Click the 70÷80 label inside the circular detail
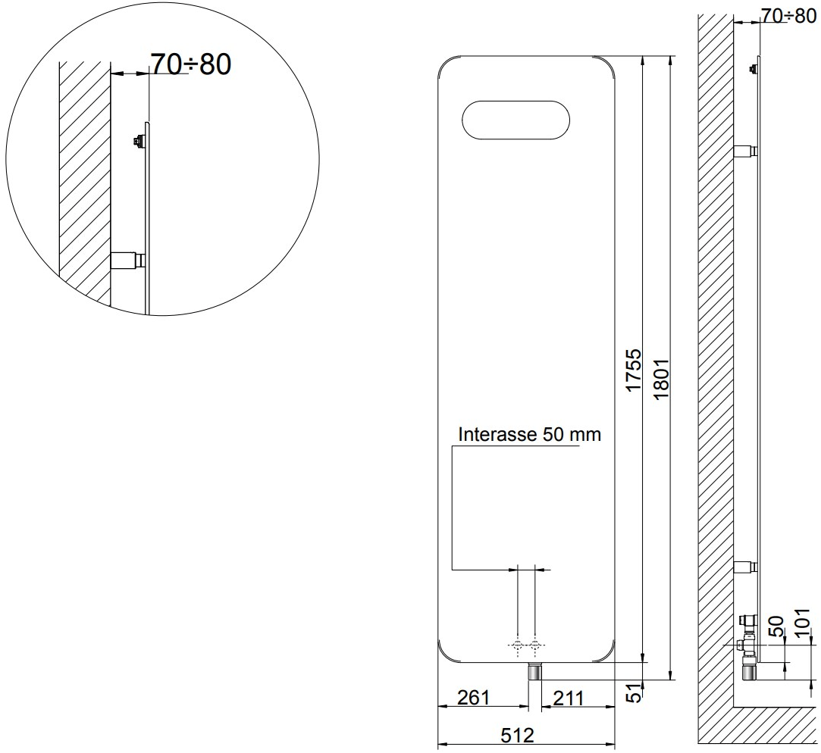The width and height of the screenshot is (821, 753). tap(190, 64)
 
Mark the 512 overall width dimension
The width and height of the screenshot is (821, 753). tap(518, 735)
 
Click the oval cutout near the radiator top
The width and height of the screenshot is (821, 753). tap(514, 120)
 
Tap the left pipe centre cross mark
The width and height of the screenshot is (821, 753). tap(517, 645)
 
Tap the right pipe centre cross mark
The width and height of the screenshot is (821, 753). tap(536, 645)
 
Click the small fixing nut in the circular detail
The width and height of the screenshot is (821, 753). tap(138, 140)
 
